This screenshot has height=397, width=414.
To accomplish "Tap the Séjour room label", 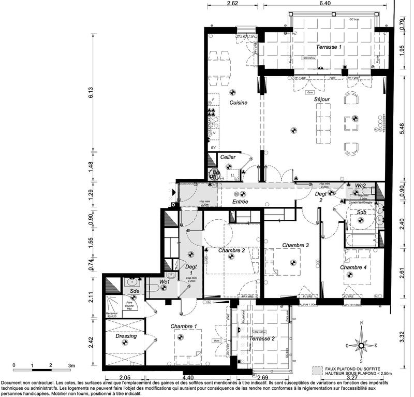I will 321,99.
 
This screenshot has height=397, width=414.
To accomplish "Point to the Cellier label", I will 228,157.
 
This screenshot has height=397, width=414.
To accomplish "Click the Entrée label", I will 241,202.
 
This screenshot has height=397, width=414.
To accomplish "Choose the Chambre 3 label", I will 295,245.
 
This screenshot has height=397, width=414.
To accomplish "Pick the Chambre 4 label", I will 353,267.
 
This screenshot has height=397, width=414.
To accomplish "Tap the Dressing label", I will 126,336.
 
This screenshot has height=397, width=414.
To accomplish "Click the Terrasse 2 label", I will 262,338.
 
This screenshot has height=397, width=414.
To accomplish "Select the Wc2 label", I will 360,186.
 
